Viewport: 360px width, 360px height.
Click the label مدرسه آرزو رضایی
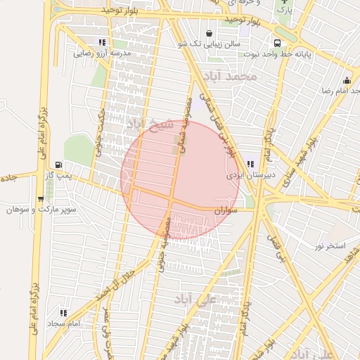click(103, 53)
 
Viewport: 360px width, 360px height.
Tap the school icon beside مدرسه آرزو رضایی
click(103, 42)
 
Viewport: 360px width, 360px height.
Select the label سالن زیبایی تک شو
click(209, 44)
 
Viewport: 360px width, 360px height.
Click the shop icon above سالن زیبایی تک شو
click(209, 33)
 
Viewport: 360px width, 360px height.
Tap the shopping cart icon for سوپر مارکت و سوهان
click(40, 199)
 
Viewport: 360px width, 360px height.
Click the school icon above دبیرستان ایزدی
click(251, 165)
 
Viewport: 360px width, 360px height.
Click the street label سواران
click(225, 210)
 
